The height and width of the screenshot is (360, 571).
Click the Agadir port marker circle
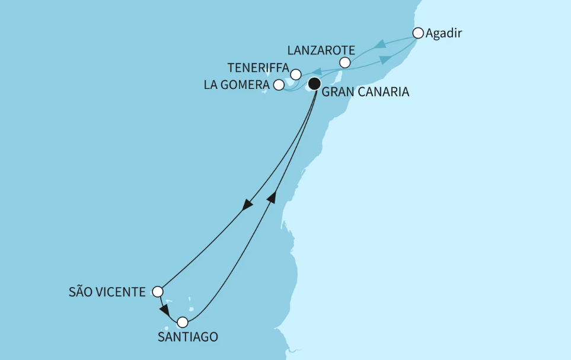[x=418, y=33]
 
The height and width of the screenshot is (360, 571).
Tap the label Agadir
[x=444, y=33]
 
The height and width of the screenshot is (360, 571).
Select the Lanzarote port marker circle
[x=345, y=62]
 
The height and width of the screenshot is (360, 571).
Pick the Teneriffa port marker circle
[x=295, y=74]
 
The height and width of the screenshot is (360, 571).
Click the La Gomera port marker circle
[x=279, y=85]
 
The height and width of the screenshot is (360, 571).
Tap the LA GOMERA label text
[x=237, y=85]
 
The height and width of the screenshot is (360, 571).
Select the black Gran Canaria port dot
[x=314, y=84]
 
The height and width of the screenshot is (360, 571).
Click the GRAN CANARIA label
[x=365, y=93]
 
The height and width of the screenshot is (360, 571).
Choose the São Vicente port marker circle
[x=157, y=291]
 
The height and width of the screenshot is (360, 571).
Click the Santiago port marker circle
[x=183, y=322]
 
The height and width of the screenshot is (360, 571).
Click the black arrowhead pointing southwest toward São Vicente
[x=247, y=205]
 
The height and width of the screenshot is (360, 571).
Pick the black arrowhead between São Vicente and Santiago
[x=165, y=311]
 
